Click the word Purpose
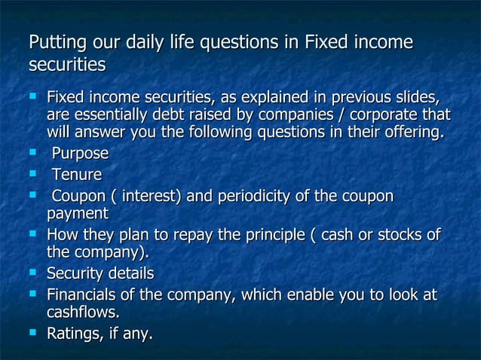click(80, 154)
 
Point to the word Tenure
click(76, 175)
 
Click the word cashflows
click(82, 312)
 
